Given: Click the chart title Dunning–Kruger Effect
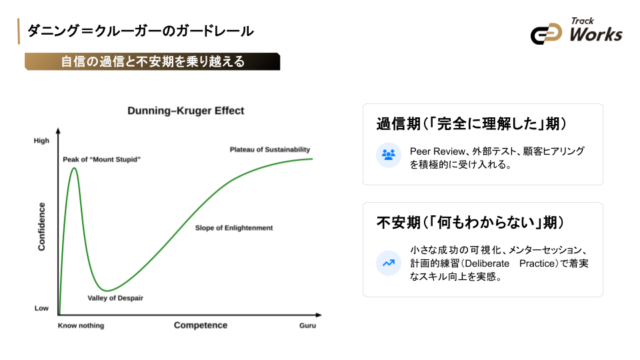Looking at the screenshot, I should pos(186,111).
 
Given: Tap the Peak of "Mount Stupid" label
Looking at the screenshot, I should pos(102,159).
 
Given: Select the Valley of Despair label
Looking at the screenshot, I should pos(115,298).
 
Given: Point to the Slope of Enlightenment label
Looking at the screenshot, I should pos(234,228).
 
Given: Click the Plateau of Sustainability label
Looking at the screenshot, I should pos(270,150).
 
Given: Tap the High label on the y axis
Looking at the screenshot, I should pos(41,141).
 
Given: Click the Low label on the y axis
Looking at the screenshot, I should pos(41,309).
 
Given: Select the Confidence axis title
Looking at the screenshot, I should pos(42,227).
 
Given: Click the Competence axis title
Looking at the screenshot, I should pos(201,325).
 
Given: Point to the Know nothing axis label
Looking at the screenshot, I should pos(81,326).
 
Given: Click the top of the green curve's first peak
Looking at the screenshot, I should pos(74,168).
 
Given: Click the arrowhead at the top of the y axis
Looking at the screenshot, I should pos(59,131).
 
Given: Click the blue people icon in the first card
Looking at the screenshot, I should pos(388,155).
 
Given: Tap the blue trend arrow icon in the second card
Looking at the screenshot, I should pos(388,262).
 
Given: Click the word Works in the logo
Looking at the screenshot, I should pos(595,34).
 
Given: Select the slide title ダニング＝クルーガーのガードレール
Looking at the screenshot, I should pos(140,31).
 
